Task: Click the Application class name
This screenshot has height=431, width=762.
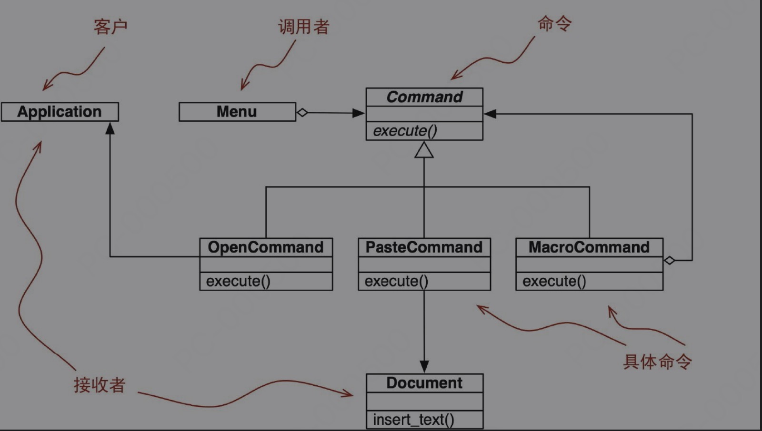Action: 60,112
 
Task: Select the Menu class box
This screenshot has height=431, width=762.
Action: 237,112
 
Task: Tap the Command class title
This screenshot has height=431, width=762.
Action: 424,97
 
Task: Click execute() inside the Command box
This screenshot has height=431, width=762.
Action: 405,131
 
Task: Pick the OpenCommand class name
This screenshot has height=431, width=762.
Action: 266,247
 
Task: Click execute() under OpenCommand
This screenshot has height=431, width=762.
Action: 238,281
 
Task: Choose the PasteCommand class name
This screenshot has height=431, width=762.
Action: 424,247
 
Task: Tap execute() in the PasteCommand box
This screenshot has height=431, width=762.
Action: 396,281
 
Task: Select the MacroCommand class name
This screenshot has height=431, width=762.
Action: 589,247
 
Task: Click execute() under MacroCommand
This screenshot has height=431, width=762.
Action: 554,281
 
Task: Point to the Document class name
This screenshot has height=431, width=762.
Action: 424,383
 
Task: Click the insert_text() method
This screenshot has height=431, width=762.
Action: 413,420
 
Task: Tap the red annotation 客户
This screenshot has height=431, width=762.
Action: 110,27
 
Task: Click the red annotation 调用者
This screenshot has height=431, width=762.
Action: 304,27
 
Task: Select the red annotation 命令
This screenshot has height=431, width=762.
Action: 554,23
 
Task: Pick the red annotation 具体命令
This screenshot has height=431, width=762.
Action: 657,362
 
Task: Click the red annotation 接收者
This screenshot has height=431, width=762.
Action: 100,385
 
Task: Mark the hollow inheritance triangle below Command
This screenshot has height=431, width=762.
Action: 424,150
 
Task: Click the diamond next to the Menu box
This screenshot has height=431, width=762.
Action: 302,113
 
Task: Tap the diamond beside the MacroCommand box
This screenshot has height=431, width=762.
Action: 669,260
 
